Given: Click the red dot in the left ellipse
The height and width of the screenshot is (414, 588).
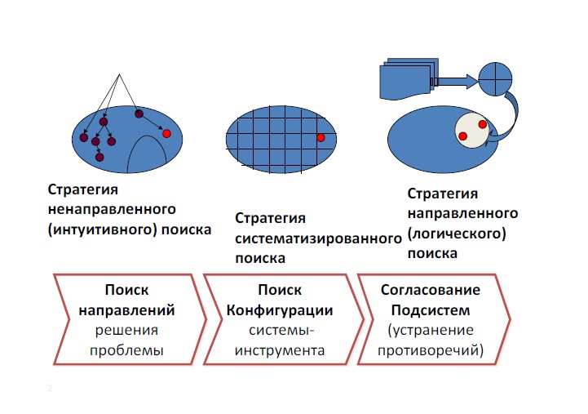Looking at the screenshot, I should point(166,132).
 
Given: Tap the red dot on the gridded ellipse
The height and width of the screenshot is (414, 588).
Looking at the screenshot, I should point(321,137).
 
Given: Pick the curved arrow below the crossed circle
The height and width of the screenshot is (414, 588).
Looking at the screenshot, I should point(509,121).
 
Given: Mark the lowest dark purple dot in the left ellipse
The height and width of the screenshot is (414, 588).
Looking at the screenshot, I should point(99,157).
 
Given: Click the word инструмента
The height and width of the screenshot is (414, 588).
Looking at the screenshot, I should point(280,351).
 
